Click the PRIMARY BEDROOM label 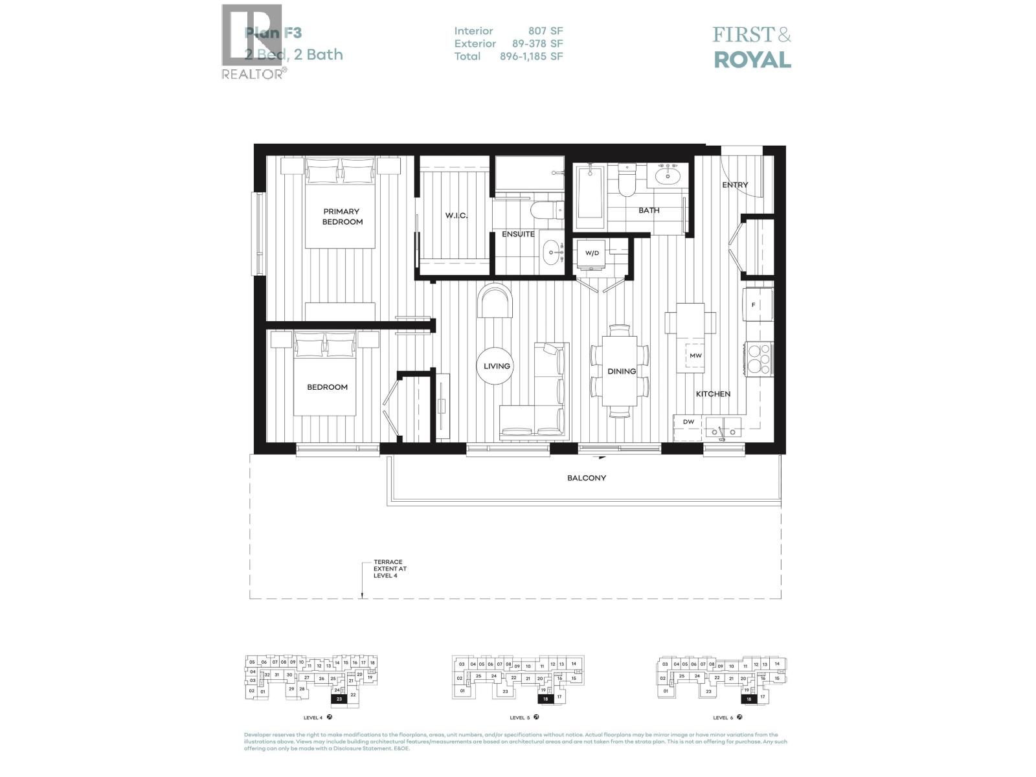(x=342, y=216)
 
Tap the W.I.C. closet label (x=456, y=216)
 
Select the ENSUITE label (x=518, y=234)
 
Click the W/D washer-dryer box (x=592, y=253)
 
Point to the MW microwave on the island (x=695, y=355)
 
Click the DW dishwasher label (x=688, y=422)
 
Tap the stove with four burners (x=759, y=358)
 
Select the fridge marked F (x=758, y=304)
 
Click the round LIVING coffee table (x=497, y=366)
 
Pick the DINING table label (x=621, y=371)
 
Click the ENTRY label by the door (x=735, y=185)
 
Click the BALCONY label (x=586, y=478)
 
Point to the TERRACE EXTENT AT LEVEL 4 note (x=388, y=569)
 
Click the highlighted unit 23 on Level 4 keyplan (x=339, y=699)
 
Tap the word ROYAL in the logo (x=752, y=60)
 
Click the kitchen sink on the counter (x=724, y=426)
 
